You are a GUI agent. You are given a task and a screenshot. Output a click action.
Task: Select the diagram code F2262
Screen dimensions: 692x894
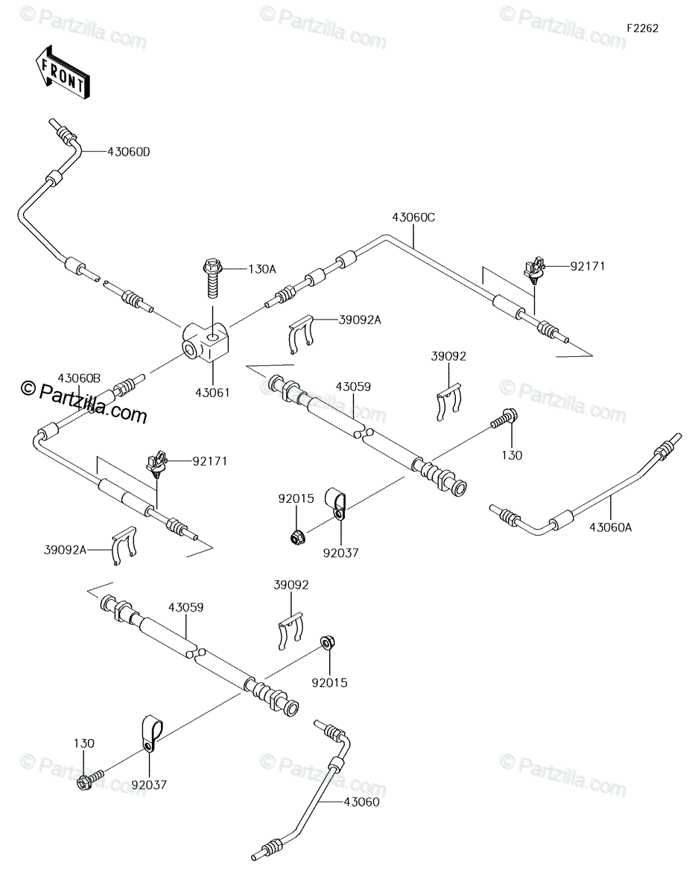[x=643, y=28]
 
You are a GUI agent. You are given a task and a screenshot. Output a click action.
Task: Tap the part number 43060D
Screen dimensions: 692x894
[x=129, y=152]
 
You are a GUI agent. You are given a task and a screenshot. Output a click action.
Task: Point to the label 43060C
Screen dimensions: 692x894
[x=413, y=218]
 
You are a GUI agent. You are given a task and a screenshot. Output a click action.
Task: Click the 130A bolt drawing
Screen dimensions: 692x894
[x=212, y=279]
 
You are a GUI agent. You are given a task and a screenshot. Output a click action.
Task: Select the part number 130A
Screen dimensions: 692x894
[x=262, y=270]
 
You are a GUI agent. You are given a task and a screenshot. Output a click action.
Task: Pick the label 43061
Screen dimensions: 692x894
[x=212, y=393]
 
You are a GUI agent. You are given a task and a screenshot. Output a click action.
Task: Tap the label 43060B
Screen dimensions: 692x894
[x=79, y=378]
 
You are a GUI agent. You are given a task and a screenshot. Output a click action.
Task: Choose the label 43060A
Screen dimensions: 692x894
[x=610, y=527]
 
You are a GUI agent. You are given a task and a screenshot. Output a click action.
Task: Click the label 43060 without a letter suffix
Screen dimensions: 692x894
[x=362, y=802]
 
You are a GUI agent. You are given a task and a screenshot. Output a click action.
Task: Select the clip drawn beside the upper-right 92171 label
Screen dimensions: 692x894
[x=534, y=270]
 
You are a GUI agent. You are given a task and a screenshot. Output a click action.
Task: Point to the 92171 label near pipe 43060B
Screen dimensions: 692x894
[x=210, y=461]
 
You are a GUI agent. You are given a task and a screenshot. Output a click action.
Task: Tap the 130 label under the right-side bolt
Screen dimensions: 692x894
[x=512, y=455]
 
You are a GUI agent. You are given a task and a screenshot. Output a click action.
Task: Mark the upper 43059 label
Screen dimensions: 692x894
[x=353, y=387]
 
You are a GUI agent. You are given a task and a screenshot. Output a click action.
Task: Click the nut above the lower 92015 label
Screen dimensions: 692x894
[x=328, y=642]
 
